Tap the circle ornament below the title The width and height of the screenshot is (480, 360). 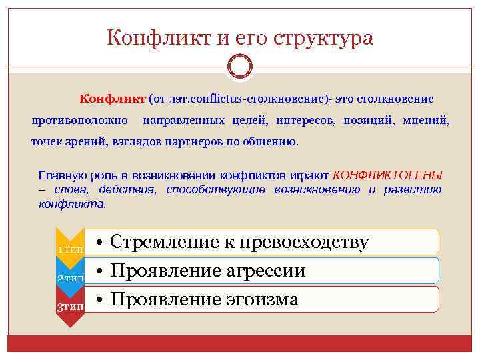[x=240, y=67]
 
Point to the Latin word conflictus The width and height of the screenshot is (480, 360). [x=217, y=99]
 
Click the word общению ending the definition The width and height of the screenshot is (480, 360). [x=274, y=142]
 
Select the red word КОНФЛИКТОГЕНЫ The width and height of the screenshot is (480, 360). [x=387, y=175]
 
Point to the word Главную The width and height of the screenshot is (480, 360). [x=62, y=175]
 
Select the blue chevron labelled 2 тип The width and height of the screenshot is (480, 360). [x=70, y=277]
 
